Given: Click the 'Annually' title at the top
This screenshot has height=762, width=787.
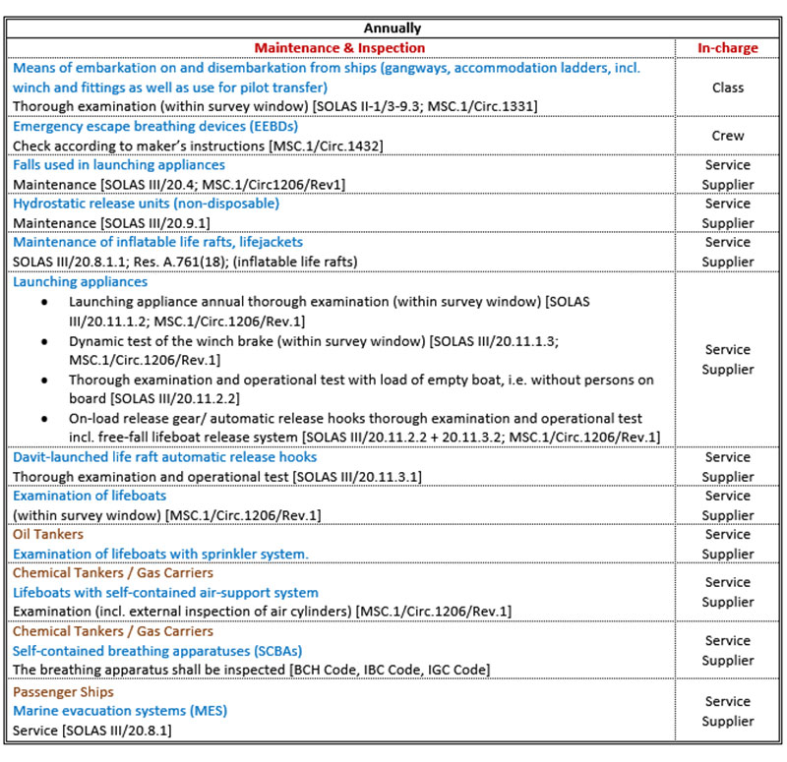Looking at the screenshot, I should (x=393, y=29).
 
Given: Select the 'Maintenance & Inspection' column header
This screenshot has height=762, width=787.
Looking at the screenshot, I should (x=339, y=47).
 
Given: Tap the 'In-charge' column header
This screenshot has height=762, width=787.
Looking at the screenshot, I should (x=728, y=47).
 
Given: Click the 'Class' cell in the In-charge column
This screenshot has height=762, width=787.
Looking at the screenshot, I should (x=728, y=88).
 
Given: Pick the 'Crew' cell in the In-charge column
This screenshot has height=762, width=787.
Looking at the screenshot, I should (x=728, y=136).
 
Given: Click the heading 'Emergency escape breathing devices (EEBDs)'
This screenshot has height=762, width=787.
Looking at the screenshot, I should (x=155, y=126).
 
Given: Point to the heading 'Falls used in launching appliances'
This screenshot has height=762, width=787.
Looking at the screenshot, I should (x=119, y=165).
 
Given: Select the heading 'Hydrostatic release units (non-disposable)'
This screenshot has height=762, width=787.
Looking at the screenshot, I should (x=146, y=204).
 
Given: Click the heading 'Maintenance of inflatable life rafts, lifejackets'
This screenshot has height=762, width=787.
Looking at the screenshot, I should (x=157, y=242).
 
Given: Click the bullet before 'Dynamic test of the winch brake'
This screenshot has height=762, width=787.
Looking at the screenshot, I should (x=43, y=340).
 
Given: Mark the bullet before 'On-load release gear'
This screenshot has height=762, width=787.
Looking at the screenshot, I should (x=43, y=418).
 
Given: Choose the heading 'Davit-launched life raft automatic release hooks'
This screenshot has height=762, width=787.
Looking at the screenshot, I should (x=164, y=457).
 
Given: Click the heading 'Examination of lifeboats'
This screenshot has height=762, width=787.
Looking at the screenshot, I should (x=90, y=496).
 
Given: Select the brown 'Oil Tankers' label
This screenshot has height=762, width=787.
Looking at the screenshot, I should (x=47, y=535).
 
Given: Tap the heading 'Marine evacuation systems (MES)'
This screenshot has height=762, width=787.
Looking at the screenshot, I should (x=119, y=710).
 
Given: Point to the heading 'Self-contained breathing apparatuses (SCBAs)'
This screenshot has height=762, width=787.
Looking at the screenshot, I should (x=157, y=651).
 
